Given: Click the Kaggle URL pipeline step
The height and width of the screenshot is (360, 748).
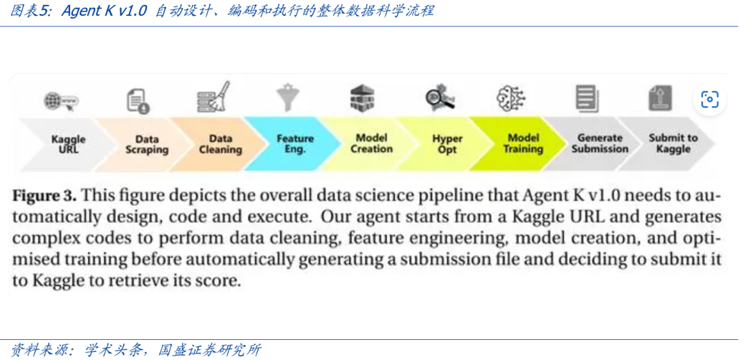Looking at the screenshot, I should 69,143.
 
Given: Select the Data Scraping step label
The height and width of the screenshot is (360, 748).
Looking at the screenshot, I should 147,143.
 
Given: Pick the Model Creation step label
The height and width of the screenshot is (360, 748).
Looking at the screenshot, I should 371,143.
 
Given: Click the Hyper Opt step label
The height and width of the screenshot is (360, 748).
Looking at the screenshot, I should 447,143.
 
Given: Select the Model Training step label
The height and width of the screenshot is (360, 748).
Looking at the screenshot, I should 523,143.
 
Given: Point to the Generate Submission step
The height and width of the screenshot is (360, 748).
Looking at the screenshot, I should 599,143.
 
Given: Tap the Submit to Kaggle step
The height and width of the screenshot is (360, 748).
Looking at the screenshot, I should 673,143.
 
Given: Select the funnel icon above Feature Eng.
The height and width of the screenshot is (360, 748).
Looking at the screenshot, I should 287,98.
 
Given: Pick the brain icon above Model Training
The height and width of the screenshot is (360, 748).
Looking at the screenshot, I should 511,98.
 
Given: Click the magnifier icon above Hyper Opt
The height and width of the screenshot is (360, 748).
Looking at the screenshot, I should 440,98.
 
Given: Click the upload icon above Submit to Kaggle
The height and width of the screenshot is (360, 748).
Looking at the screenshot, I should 659,98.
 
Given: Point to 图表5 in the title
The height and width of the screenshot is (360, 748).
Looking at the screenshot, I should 32,11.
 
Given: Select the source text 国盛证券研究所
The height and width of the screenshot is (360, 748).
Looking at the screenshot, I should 209,350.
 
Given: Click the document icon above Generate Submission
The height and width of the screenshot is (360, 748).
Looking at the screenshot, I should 586,98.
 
